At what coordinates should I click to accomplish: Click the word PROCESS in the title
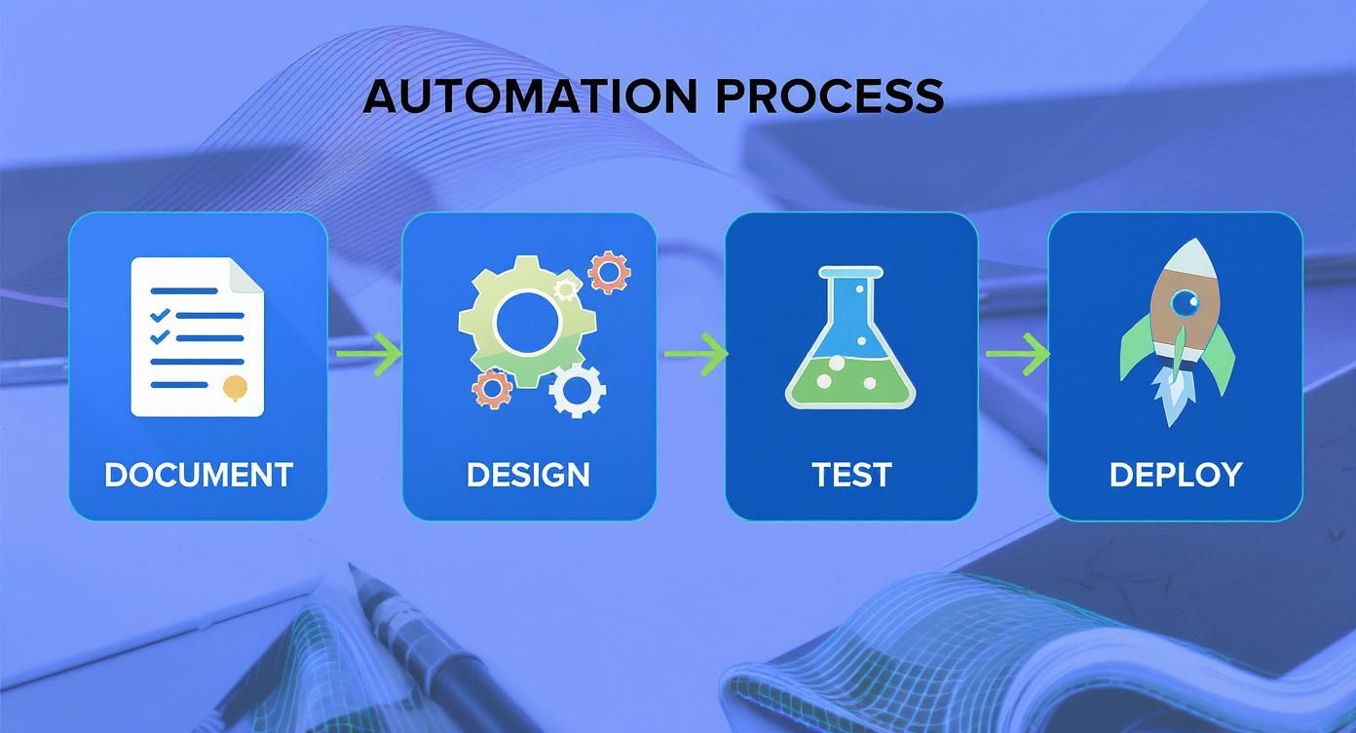click(829, 96)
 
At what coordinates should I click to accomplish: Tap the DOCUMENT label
click(199, 475)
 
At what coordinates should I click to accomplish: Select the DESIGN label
click(528, 475)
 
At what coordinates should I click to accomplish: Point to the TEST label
click(851, 475)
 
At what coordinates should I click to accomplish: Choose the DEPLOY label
click(1176, 475)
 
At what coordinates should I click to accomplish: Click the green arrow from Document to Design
click(369, 354)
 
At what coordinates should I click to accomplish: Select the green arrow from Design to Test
click(696, 353)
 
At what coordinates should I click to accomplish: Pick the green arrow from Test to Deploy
click(1018, 353)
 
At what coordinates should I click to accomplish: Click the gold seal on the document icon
click(235, 387)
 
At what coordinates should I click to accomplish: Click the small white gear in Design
click(578, 391)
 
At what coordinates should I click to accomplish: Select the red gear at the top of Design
click(610, 272)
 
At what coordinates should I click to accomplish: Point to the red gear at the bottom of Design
click(493, 388)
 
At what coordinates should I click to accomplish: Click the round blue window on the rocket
click(1184, 305)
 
